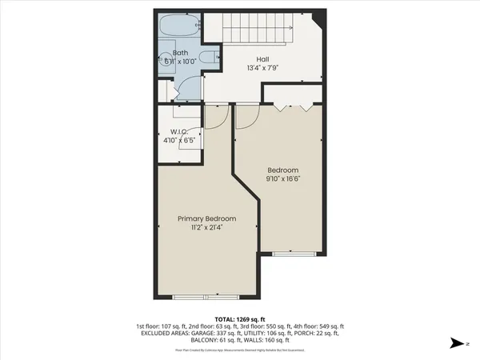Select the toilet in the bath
coord(206,58)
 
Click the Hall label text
coord(262,59)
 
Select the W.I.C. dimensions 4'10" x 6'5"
coord(178,141)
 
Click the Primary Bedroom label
coord(206,218)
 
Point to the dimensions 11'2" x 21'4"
coord(206,228)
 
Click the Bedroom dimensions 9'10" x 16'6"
coord(282,179)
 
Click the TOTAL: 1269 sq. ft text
coord(240,318)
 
